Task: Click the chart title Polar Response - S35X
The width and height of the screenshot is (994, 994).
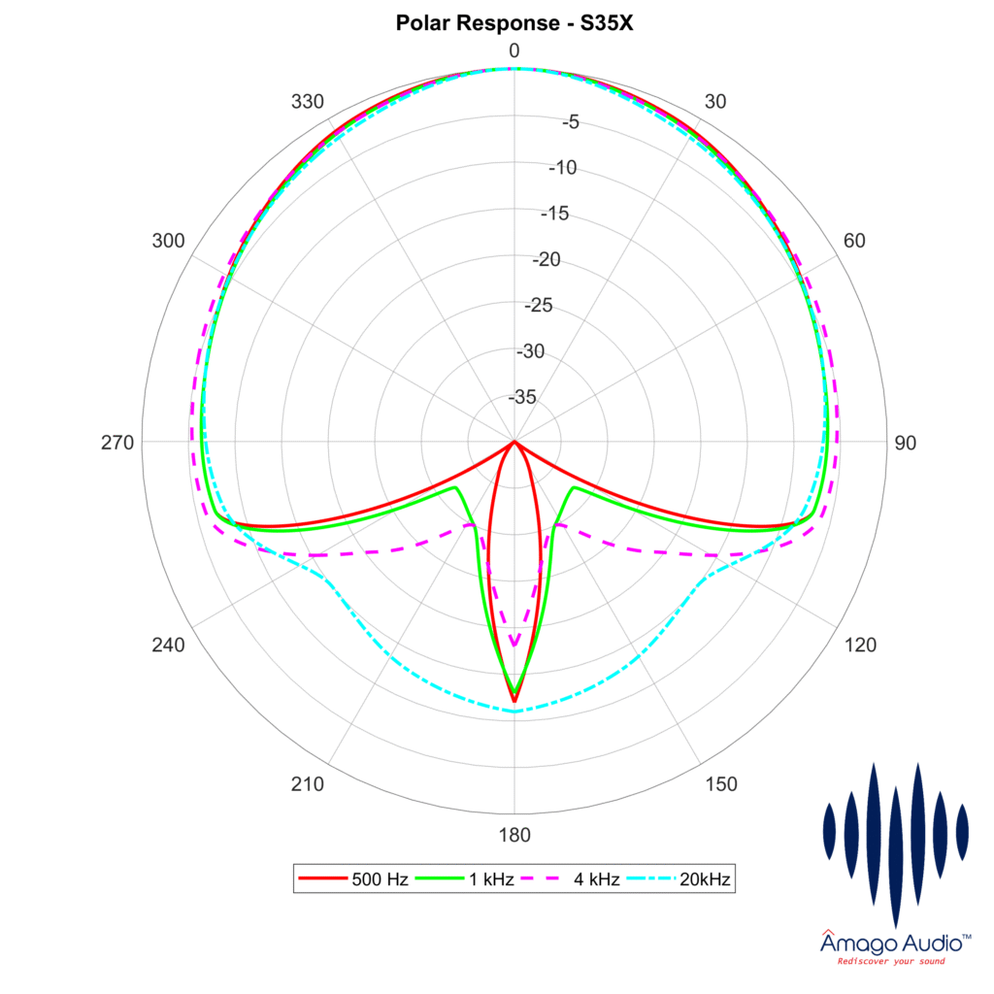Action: coord(514,22)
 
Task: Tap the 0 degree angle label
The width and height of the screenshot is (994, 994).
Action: coord(514,51)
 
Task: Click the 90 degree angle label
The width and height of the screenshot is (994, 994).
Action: coord(905,443)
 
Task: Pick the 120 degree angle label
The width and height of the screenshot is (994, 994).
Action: coord(862,645)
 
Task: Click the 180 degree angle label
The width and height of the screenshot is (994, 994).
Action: coord(514,836)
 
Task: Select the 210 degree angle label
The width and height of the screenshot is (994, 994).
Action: coord(308,784)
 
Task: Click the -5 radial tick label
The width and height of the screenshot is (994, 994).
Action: coord(571,122)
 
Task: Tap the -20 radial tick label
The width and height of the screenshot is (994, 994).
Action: coord(550,260)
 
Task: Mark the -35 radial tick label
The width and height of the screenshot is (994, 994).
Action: coord(523,397)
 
